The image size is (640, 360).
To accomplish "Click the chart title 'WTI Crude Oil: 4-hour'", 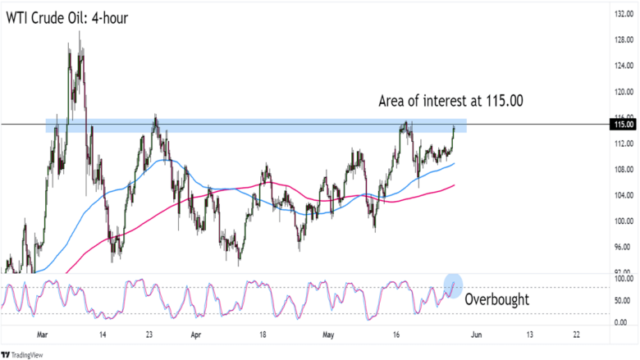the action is pyautogui.click(x=67, y=18).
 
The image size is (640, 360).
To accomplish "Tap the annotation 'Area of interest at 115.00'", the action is pyautogui.click(x=450, y=101).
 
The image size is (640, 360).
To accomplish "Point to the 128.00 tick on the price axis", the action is pyautogui.click(x=624, y=40).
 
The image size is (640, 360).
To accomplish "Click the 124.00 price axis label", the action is pyautogui.click(x=624, y=66).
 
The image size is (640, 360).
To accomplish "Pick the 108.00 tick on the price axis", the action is pyautogui.click(x=624, y=169).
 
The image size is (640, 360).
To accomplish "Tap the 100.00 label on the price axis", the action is pyautogui.click(x=624, y=221).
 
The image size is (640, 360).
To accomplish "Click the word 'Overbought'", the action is pyautogui.click(x=496, y=299).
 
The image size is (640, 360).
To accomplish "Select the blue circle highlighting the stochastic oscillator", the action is pyautogui.click(x=453, y=285).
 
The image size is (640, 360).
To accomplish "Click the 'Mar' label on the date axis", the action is pyautogui.click(x=43, y=335).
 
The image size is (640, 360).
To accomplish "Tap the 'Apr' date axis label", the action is pyautogui.click(x=196, y=335).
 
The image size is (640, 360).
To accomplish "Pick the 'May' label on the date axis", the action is pyautogui.click(x=328, y=335).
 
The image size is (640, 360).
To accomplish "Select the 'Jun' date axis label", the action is pyautogui.click(x=477, y=335).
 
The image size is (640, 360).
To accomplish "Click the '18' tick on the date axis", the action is pyautogui.click(x=263, y=335).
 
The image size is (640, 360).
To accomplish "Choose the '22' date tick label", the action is pyautogui.click(x=576, y=335).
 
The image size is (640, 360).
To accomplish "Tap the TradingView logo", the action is pyautogui.click(x=22, y=355).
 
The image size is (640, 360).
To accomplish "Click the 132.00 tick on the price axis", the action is pyautogui.click(x=624, y=14).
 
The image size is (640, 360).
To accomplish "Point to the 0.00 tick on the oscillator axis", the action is pyautogui.click(x=620, y=322).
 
